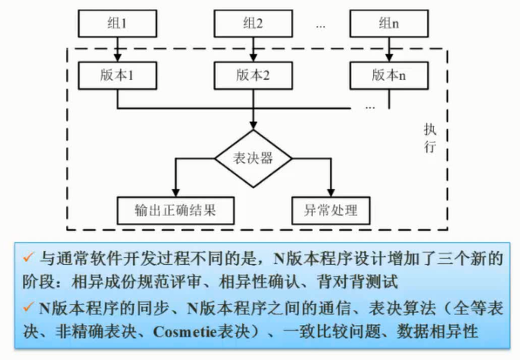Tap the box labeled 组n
pos(389,24)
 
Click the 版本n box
pos(389,75)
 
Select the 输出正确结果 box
pos(174,209)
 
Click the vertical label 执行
pos(430,137)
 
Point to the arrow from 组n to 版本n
pos(389,50)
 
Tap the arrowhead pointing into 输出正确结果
pos(174,192)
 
